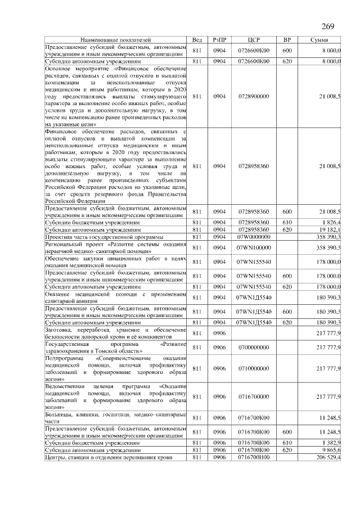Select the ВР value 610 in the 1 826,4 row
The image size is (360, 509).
pyautogui.click(x=287, y=223)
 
